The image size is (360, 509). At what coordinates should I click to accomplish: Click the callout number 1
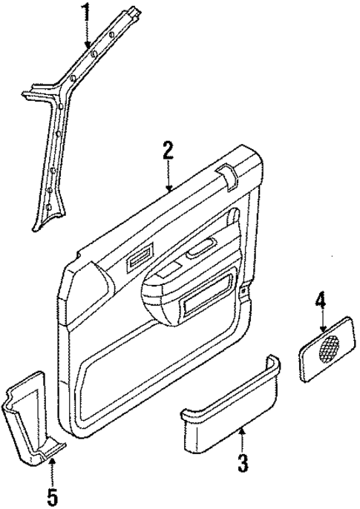86,13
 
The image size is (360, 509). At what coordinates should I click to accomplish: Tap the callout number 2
168,151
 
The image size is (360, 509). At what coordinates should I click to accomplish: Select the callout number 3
242,464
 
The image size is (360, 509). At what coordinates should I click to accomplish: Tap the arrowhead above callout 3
240,430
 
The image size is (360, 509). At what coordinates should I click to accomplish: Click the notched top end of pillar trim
133,12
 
